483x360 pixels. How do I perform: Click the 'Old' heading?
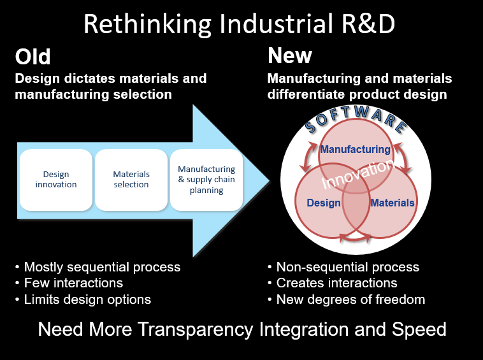pyautogui.click(x=32, y=57)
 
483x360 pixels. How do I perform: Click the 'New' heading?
pyautogui.click(x=290, y=55)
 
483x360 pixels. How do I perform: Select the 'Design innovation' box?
pyautogui.click(x=55, y=180)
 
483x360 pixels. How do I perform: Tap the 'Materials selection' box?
pyautogui.click(x=131, y=180)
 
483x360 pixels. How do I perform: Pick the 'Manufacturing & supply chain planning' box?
pyautogui.click(x=206, y=180)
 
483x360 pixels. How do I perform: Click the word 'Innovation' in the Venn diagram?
pyautogui.click(x=357, y=174)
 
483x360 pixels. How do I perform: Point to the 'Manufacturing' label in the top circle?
pyautogui.click(x=356, y=149)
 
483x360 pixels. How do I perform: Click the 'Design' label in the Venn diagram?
pyautogui.click(x=324, y=203)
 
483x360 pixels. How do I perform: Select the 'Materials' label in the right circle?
pyautogui.click(x=393, y=203)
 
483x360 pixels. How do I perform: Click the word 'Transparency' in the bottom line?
pyautogui.click(x=195, y=329)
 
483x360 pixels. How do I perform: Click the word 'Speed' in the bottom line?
pyautogui.click(x=419, y=329)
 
